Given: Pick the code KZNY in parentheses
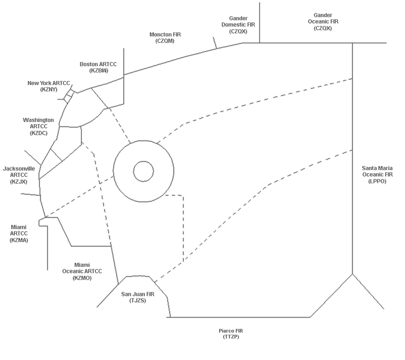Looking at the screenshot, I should (x=49, y=90).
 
